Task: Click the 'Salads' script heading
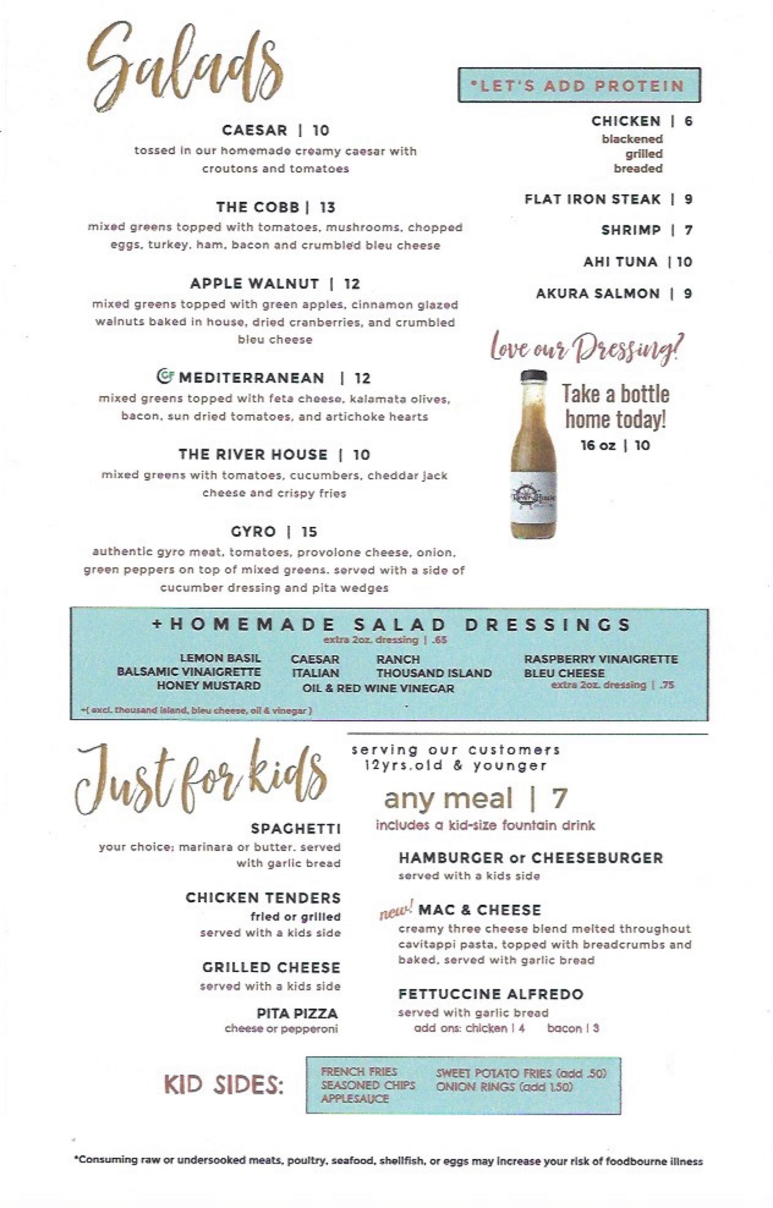pos(186,68)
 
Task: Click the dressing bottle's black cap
pos(534,376)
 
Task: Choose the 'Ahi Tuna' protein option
pos(620,262)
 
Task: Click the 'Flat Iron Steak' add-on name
pos(592,199)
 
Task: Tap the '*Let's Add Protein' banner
pos(579,85)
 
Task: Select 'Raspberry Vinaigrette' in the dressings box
pos(601,659)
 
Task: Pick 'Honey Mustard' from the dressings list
pos(209,686)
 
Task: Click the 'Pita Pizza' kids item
pos(297,1014)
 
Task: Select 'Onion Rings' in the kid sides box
pos(475,1087)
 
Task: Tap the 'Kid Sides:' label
pos(224,1086)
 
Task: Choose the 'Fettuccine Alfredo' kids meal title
pos(490,994)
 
